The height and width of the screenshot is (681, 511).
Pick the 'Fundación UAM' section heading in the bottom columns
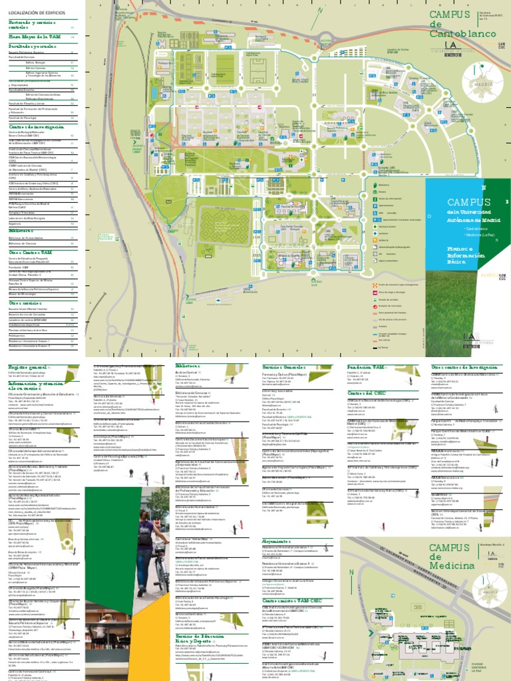coord(363,366)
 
